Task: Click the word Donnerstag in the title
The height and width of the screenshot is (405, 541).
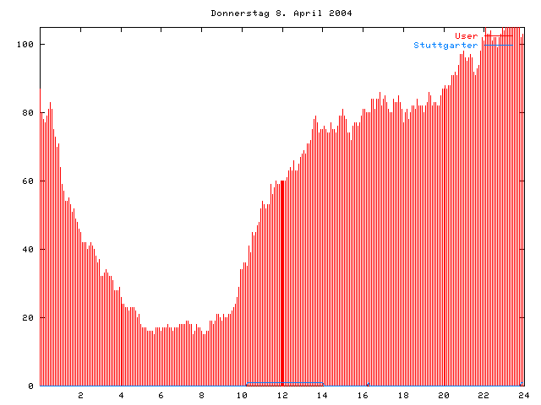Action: pos(237,13)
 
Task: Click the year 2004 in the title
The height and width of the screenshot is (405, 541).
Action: pos(341,13)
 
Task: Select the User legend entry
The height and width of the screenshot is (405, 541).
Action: pos(467,36)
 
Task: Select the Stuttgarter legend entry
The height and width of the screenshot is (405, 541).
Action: pos(445,45)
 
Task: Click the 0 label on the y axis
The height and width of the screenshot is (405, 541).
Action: pos(31,386)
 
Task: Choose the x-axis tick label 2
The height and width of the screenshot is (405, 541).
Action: pos(81,395)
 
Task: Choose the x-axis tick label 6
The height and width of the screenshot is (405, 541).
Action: pos(161,395)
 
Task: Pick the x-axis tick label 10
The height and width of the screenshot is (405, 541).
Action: pos(242,395)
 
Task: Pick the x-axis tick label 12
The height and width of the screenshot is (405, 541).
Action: pos(282,395)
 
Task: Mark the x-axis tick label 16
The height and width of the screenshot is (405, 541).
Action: pos(363,395)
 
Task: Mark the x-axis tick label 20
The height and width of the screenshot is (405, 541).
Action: pos(443,395)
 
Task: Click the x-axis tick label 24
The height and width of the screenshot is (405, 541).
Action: pos(523,395)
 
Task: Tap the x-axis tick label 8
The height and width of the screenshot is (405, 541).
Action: pos(202,395)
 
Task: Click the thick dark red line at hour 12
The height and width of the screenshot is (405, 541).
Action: pos(282,287)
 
